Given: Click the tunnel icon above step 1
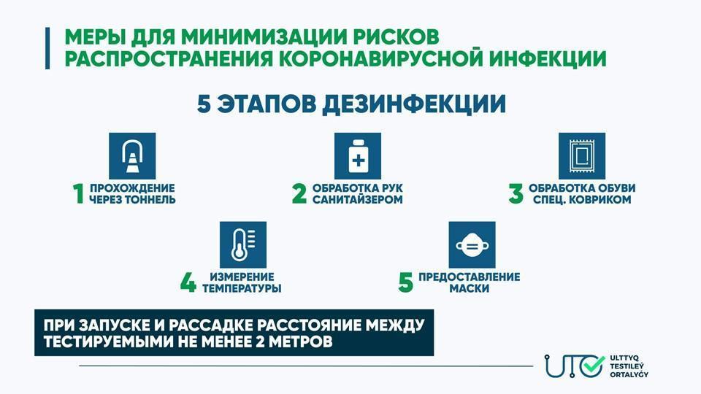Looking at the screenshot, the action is coord(132,156).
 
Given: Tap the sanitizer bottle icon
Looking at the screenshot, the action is coord(358,156).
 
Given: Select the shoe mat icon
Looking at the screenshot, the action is coord(582,156).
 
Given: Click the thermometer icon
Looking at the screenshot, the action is coord(242,245).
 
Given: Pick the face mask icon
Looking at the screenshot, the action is coord(472,245).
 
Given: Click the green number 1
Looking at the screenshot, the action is coord(79,194).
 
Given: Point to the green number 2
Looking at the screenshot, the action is coord(299,194).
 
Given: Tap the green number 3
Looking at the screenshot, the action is coord(516,194).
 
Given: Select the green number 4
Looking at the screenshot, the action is coord(188,283).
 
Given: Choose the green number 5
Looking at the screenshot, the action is coord(405,283).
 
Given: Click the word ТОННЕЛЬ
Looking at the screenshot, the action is coord(150,199).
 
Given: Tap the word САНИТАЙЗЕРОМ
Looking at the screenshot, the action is coord(358,199).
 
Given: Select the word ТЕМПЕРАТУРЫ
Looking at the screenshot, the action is coord(242,288).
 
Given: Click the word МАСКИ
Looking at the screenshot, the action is coord(470,288).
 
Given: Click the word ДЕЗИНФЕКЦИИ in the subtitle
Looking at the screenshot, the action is coord(413,104).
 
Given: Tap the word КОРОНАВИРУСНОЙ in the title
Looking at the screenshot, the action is coord(381,59).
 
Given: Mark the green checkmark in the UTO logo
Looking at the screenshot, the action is coord(594,366).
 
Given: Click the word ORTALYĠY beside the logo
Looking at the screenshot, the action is coord(629,374).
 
